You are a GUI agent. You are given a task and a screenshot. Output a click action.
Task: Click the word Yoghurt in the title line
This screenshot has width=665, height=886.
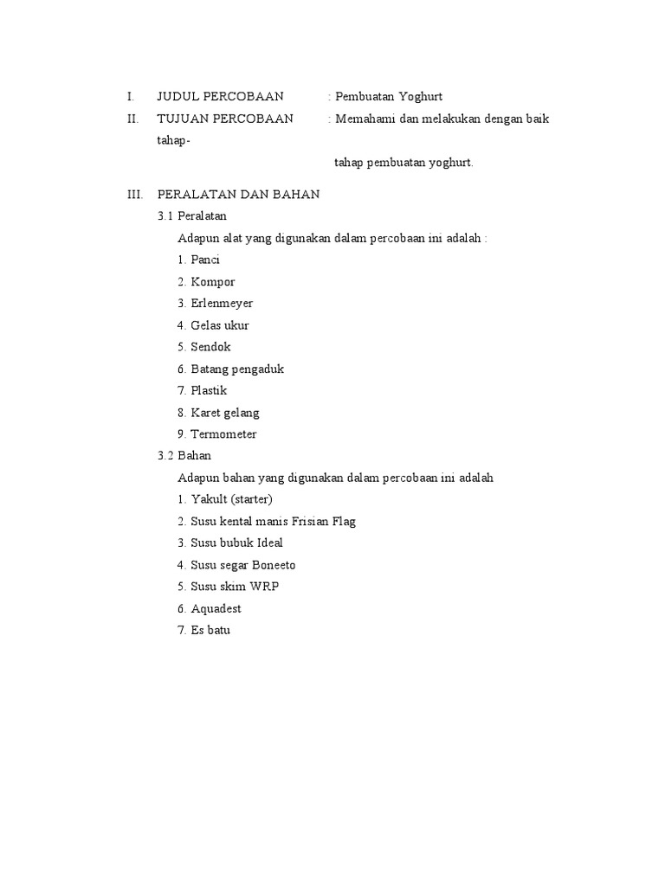click(420, 96)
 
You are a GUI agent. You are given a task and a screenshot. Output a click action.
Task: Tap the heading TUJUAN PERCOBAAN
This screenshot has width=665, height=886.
click(224, 118)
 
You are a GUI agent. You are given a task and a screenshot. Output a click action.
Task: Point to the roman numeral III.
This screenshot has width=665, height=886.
click(134, 195)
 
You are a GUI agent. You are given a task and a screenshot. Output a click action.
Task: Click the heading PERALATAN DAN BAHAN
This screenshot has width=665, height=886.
click(238, 195)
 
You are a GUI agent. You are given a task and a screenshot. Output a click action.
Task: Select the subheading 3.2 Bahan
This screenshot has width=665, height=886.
click(184, 455)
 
